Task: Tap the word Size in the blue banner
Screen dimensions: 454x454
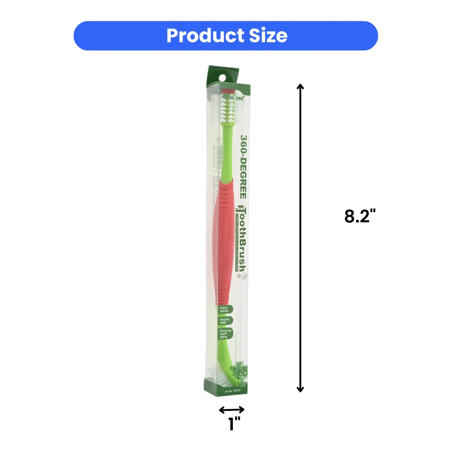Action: point(268,35)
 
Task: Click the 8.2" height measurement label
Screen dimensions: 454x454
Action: point(360,216)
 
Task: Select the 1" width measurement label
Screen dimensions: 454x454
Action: point(234,424)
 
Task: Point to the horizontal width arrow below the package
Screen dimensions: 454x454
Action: point(232,410)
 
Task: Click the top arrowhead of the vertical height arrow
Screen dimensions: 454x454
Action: point(300,86)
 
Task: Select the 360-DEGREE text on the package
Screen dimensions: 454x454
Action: point(242,168)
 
